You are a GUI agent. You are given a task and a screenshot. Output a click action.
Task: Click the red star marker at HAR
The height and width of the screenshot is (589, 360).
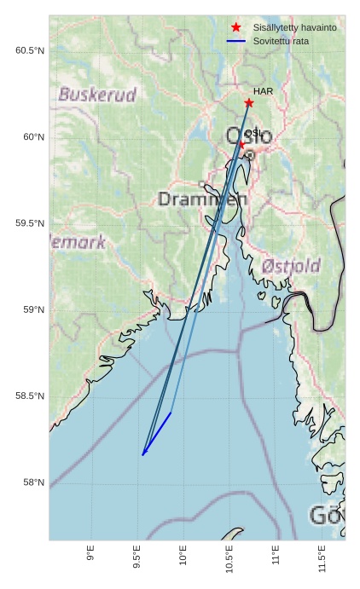pyautogui.click(x=248, y=103)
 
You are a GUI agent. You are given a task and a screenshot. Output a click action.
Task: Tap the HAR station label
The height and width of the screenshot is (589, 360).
pyautogui.click(x=262, y=90)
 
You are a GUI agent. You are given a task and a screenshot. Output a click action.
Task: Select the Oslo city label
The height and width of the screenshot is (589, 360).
pyautogui.click(x=249, y=136)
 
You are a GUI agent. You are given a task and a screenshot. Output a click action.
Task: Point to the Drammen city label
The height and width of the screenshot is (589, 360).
pyautogui.click(x=203, y=199)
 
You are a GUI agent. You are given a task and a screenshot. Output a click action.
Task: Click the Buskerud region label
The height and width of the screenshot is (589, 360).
pyautogui.click(x=97, y=95)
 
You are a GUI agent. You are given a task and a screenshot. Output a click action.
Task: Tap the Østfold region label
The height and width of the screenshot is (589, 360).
pyautogui.click(x=291, y=266)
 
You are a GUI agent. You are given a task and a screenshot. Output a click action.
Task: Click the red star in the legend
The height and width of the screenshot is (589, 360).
pyautogui.click(x=236, y=28)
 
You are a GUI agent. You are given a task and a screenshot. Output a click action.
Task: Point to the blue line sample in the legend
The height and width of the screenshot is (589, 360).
pyautogui.click(x=236, y=41)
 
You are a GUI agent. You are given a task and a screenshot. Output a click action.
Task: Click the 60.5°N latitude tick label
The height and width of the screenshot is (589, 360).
pyautogui.click(x=30, y=50)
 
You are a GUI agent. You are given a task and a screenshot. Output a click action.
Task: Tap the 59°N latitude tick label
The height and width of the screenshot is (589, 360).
pyautogui.click(x=33, y=309)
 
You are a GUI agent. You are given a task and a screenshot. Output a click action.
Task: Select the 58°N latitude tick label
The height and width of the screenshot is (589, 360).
pyautogui.click(x=33, y=482)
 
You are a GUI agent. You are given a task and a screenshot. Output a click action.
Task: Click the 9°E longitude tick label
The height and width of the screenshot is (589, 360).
pyautogui.click(x=91, y=559)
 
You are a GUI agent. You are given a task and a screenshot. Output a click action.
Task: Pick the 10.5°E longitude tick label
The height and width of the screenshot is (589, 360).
pyautogui.click(x=229, y=563)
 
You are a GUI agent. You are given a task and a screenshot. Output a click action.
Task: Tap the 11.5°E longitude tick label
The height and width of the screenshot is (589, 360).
pyautogui.click(x=321, y=563)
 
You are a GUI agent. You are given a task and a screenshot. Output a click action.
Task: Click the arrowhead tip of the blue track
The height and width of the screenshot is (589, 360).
pyautogui.click(x=142, y=455)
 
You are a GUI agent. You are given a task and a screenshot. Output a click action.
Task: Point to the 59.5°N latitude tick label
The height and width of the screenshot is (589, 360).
pyautogui.click(x=30, y=223)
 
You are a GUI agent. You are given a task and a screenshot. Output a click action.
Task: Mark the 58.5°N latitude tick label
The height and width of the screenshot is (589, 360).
pyautogui.click(x=30, y=396)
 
